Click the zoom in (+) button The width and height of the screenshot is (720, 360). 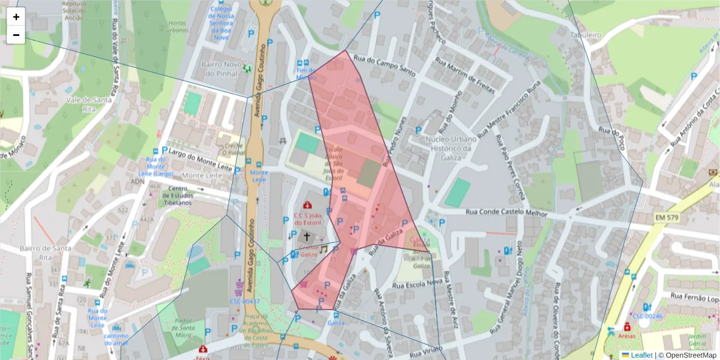(16, 17)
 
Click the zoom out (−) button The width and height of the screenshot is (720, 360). (16, 35)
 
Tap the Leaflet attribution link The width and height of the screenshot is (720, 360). (641, 355)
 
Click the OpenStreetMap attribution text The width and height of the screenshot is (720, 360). (691, 355)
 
